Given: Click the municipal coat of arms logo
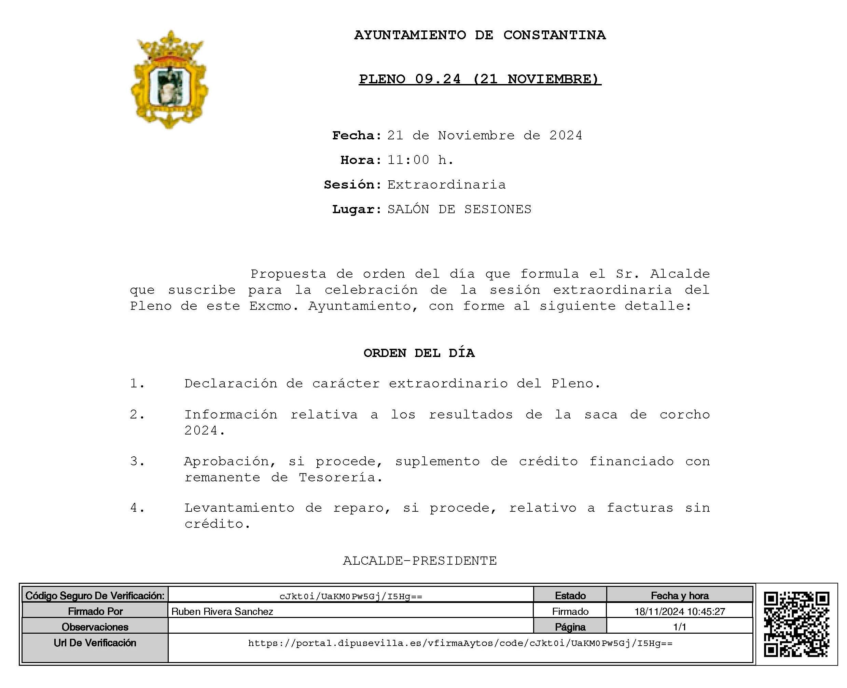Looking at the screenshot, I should pos(169,79).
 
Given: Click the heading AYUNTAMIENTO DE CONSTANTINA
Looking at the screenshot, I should pos(480,35).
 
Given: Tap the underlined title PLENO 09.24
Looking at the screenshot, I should pos(480,79).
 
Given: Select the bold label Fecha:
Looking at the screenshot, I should pos(357,136).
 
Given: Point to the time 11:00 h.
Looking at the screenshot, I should pos(420,160).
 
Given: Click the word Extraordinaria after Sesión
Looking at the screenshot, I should pos(446,185).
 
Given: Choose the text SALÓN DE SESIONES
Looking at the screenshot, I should pos(459,209).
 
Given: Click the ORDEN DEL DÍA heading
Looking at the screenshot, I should pos(419,353).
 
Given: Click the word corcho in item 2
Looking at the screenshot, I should pos(684,415).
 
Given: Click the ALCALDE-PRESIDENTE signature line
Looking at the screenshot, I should pos(419,561).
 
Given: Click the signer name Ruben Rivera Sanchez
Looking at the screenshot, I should pos(222,611).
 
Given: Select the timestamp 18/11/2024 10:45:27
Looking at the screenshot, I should pos(679,611).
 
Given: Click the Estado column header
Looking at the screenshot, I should pos(570,596).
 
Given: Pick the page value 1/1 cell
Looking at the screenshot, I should pos(679,627).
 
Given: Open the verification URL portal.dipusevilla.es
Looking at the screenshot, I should pos(460,643).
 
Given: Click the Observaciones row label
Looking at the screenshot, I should pos(95,627).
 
